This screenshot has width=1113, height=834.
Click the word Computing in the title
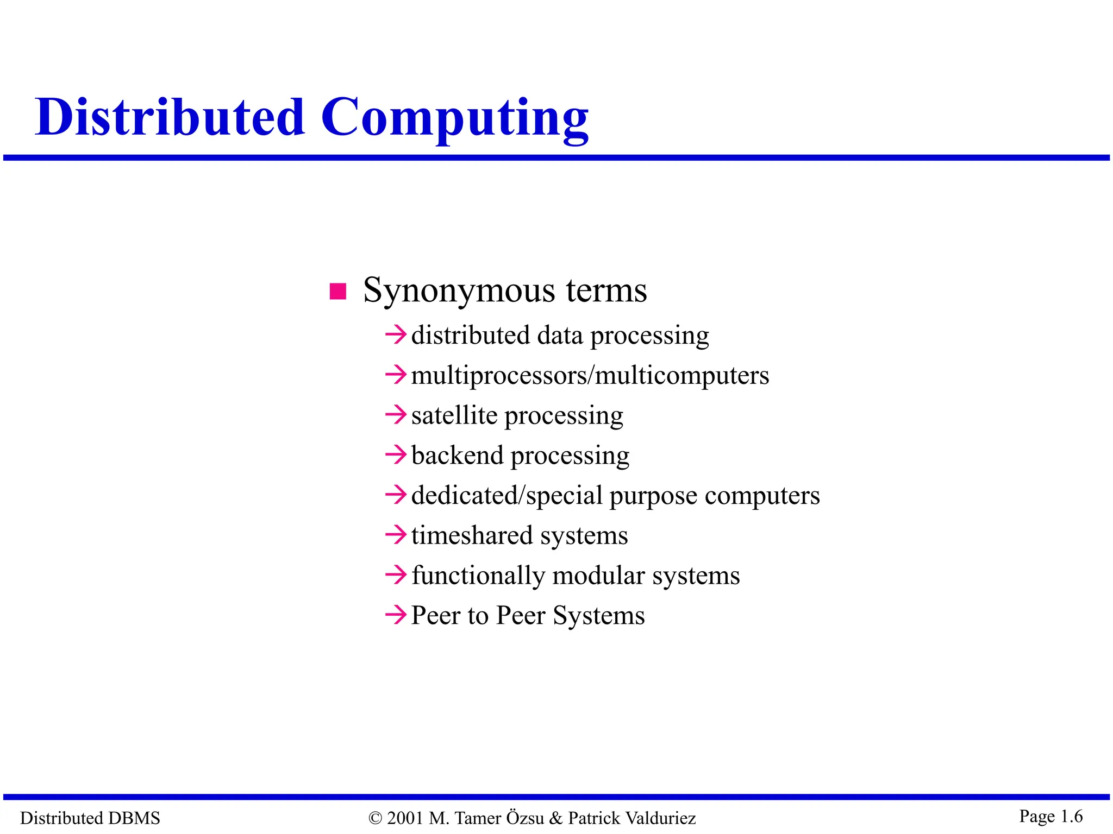pyautogui.click(x=454, y=118)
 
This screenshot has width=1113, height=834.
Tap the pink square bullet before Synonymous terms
pyautogui.click(x=338, y=292)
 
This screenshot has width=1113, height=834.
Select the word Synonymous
pyautogui.click(x=459, y=290)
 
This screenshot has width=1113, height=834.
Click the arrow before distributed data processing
pyautogui.click(x=396, y=334)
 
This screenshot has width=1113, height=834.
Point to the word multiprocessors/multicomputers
pyautogui.click(x=590, y=376)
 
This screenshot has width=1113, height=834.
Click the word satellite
pyautogui.click(x=454, y=415)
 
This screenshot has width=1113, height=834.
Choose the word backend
pyautogui.click(x=457, y=455)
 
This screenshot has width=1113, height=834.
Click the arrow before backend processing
pyautogui.click(x=396, y=454)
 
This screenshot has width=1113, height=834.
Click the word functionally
pyautogui.click(x=478, y=576)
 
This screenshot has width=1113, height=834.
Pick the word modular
pyautogui.click(x=598, y=576)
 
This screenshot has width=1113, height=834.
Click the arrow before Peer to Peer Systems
pyautogui.click(x=396, y=615)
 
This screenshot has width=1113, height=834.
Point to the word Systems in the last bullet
pyautogui.click(x=598, y=616)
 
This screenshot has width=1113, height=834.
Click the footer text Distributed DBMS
pyautogui.click(x=90, y=818)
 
